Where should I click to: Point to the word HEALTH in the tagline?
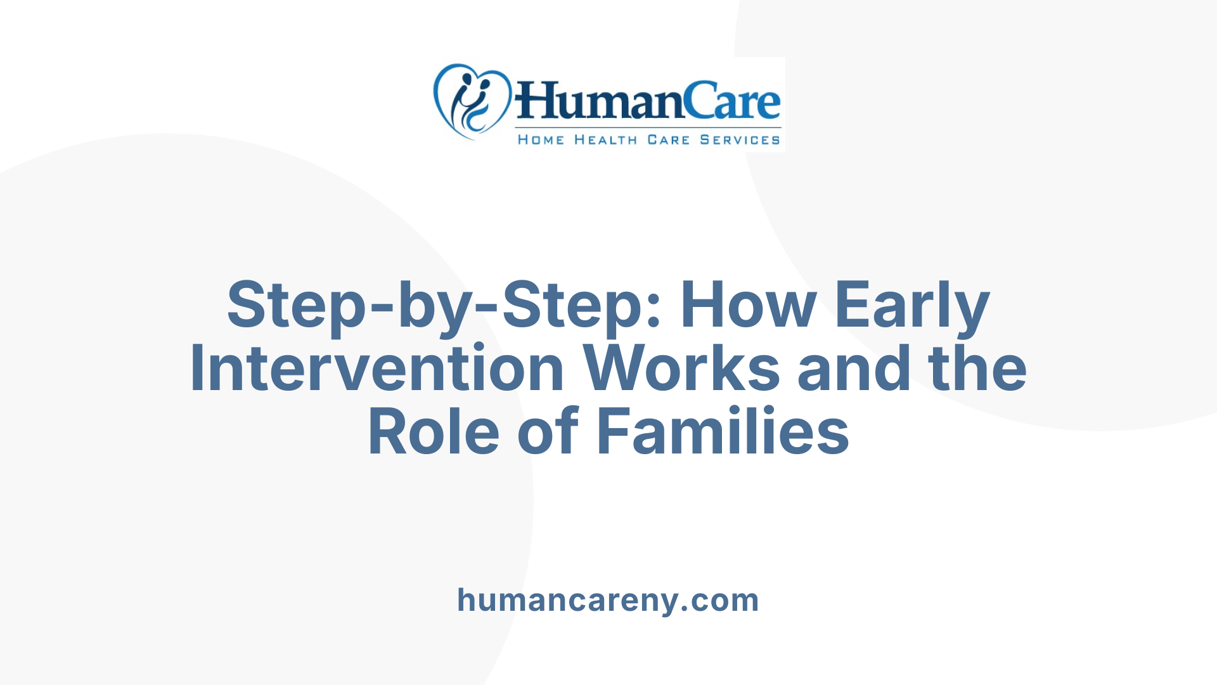(x=605, y=140)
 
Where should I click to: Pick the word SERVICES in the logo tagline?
(x=740, y=140)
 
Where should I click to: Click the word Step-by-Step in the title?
(x=435, y=306)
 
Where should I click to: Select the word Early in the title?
(x=912, y=306)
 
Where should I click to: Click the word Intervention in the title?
(x=377, y=369)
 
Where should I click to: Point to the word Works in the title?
(x=681, y=369)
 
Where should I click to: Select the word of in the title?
(x=548, y=433)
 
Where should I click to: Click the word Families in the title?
(x=723, y=433)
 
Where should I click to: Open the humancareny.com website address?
(x=608, y=600)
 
